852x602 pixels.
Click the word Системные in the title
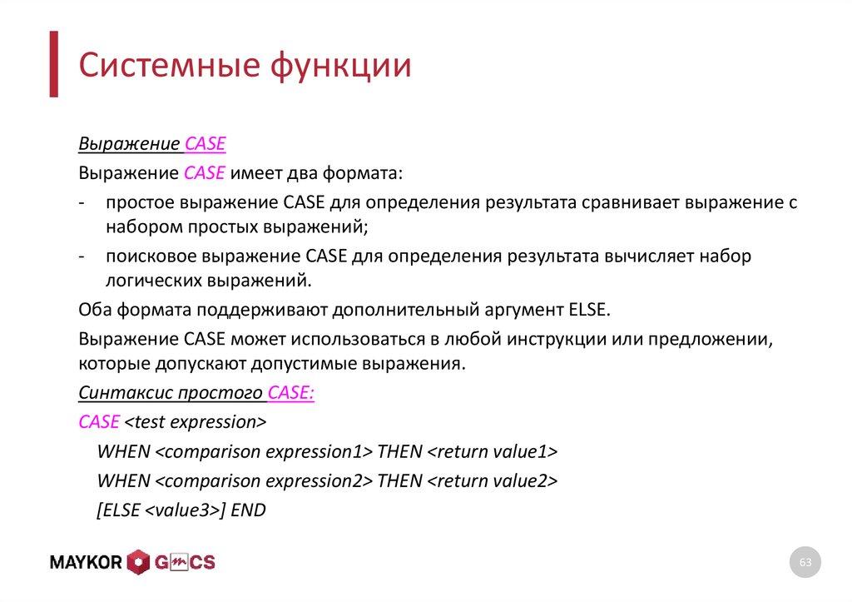click(167, 66)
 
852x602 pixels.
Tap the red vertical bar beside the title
click(53, 64)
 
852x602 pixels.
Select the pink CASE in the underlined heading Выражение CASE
click(205, 144)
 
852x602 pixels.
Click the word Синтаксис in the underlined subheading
click(119, 393)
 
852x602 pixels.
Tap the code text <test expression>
click(196, 422)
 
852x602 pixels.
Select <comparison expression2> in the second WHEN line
click(264, 481)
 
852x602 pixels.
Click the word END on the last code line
click(248, 510)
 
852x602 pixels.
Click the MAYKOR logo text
click(87, 562)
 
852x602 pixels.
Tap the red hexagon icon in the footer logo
click(138, 562)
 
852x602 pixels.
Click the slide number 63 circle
click(805, 564)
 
